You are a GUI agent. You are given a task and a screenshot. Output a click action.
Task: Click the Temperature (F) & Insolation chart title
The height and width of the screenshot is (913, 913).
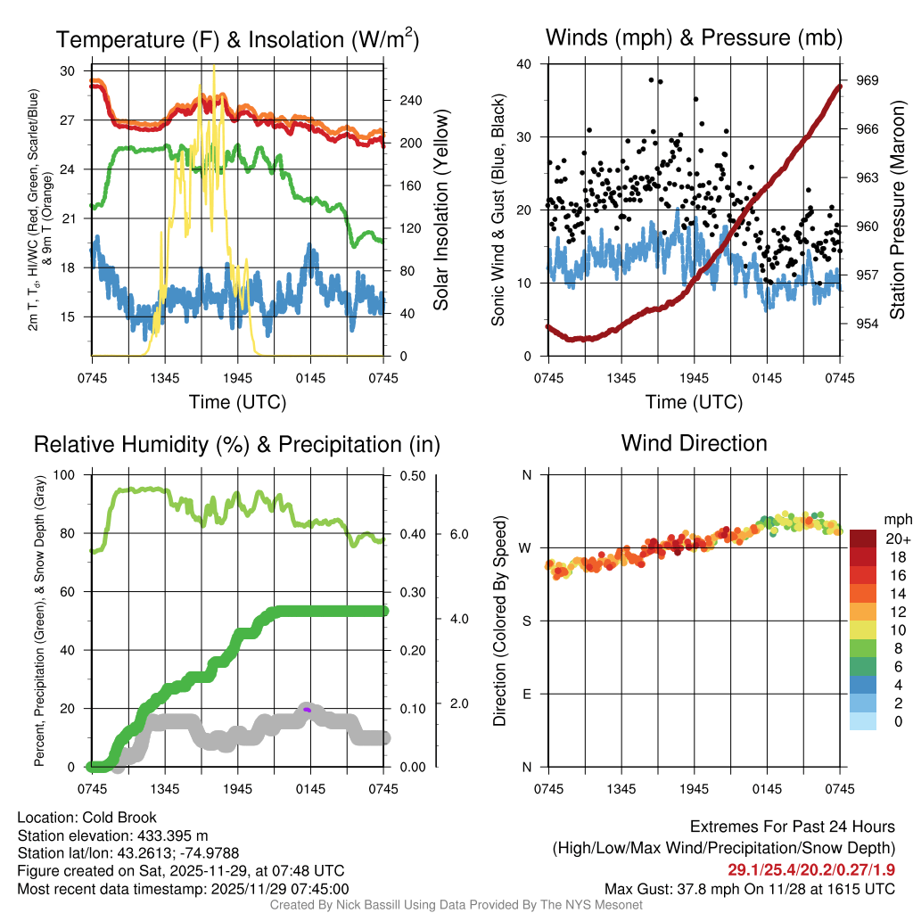click(x=237, y=39)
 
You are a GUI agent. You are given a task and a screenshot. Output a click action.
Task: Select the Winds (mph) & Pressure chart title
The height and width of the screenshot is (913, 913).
click(x=694, y=37)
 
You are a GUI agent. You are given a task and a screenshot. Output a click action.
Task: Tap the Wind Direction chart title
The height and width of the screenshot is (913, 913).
click(x=694, y=443)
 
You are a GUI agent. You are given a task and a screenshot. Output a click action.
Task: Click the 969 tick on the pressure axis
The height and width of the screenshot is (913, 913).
click(x=868, y=80)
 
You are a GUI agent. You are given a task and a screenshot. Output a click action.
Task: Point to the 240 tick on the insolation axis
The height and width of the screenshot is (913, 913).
click(x=410, y=101)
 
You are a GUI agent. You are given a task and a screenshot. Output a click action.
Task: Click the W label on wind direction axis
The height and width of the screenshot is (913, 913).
click(x=526, y=547)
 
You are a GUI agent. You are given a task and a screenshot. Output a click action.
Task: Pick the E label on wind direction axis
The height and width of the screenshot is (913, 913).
click(x=526, y=694)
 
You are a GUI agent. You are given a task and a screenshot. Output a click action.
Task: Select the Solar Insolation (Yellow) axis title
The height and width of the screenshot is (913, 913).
click(x=440, y=210)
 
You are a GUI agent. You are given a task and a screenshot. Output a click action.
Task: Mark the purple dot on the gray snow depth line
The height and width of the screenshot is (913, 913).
click(x=307, y=709)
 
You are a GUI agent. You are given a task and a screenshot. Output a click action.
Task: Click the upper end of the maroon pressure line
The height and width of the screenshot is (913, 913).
click(x=839, y=86)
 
